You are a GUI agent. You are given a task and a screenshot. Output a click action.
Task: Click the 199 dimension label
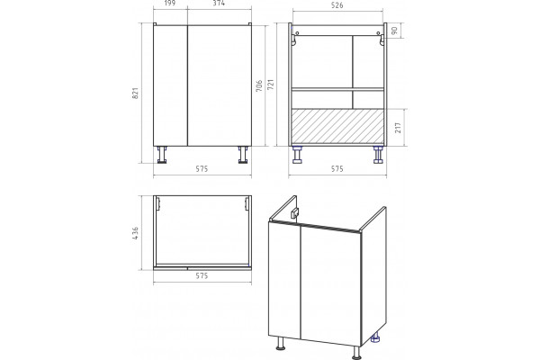170,3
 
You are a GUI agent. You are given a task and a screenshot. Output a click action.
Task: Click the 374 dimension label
219,3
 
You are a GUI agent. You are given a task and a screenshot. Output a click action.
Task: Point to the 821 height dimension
135,93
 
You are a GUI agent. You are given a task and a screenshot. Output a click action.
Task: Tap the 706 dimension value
259,85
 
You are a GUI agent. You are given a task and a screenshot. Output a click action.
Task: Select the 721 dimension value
270,85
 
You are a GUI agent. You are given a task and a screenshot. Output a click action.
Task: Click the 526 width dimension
337,5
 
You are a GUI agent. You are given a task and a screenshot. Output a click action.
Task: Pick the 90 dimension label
394,31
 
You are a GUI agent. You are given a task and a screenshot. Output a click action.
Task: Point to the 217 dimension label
398,128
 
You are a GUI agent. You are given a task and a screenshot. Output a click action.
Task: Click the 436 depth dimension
135,233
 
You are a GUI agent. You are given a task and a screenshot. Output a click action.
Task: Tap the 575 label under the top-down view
202,275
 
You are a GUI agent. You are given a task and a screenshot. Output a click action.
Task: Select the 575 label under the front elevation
202,169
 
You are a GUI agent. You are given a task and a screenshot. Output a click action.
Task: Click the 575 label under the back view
337,169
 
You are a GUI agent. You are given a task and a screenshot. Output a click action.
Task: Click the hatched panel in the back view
337,126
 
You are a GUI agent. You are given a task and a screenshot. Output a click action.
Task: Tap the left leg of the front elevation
161,155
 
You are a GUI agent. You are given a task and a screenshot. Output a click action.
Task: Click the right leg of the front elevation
243,155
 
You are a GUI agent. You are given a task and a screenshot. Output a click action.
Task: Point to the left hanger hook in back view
294,39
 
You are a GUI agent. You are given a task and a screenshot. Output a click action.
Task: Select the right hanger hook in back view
381,39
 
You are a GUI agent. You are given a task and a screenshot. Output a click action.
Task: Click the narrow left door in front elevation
170,85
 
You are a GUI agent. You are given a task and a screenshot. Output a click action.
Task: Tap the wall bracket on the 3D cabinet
295,213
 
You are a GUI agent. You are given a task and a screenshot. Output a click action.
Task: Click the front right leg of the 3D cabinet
356,352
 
